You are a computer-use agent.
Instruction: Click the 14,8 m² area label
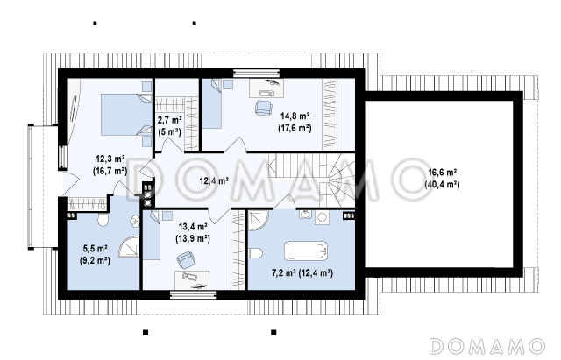click(295, 123)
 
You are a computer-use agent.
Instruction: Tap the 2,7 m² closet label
click(169, 126)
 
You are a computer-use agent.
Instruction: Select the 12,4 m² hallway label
click(214, 181)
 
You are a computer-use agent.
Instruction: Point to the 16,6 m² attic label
click(442, 179)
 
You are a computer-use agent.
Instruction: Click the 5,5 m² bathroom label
click(95, 254)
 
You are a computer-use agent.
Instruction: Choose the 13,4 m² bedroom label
click(193, 232)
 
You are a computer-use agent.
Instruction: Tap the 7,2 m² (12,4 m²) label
click(302, 273)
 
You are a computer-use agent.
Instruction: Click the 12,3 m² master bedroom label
click(110, 165)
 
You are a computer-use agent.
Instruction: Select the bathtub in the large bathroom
click(306, 251)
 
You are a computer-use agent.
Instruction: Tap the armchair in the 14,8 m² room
click(264, 107)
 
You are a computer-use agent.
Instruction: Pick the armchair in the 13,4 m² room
click(186, 260)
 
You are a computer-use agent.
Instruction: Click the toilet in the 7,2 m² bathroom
click(255, 253)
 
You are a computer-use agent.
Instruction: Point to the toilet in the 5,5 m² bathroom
click(103, 220)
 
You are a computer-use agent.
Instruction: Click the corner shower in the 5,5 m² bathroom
click(129, 246)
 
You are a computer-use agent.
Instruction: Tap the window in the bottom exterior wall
click(193, 294)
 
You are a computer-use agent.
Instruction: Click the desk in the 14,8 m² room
click(266, 88)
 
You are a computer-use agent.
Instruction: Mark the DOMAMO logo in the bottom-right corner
click(487, 346)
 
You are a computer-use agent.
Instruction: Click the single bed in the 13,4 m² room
click(152, 235)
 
